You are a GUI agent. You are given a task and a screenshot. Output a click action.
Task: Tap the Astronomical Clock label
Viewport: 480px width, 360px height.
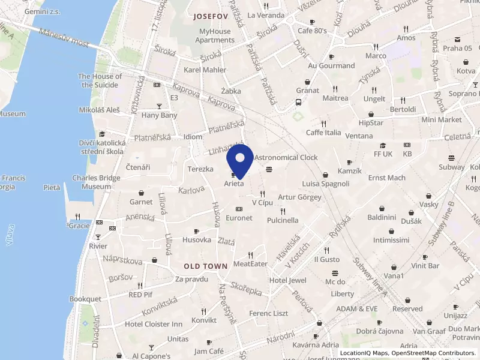point(286,157)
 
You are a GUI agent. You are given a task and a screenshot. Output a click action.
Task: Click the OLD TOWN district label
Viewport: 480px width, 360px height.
point(206,266)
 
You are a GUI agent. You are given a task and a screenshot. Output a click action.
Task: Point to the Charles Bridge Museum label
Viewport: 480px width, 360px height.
point(92,182)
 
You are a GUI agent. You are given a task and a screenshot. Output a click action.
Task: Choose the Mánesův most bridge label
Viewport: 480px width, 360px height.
point(63,38)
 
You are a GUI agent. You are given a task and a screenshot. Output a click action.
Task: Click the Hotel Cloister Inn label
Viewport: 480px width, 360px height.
point(153,324)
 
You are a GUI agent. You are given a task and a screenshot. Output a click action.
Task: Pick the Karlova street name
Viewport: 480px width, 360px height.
point(191,190)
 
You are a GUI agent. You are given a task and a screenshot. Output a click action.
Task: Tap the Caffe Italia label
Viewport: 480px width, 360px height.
point(323,133)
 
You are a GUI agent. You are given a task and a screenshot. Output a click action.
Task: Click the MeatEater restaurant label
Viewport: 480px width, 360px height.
point(250,263)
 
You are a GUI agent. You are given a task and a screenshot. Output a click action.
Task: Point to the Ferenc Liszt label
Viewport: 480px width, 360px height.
point(269,313)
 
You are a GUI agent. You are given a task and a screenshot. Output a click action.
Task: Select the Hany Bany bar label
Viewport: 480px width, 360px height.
point(160,115)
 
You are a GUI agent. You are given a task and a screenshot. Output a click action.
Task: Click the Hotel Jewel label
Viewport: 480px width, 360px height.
point(288,280)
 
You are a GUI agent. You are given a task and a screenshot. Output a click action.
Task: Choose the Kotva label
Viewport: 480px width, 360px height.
point(466,71)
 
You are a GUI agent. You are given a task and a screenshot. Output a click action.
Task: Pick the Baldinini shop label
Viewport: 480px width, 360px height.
point(385,217)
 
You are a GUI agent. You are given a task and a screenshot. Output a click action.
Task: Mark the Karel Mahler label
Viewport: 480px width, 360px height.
point(205,70)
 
